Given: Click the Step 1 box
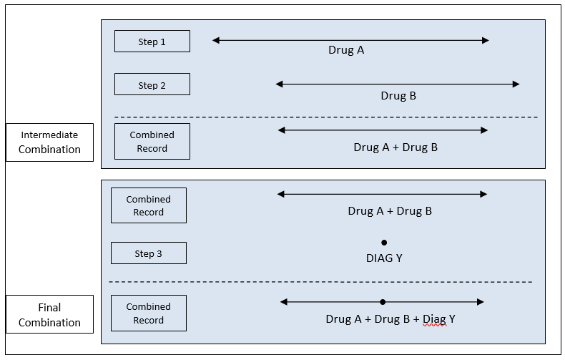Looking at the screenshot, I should coord(152,42).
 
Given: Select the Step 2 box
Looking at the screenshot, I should coord(152,84).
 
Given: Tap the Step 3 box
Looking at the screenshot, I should coord(148,253).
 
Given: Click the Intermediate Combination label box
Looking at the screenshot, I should coord(49,142).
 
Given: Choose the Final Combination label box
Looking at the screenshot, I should coord(49,314).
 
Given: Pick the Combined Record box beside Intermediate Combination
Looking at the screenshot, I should coord(152,141).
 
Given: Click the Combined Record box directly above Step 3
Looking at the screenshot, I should coord(148,205).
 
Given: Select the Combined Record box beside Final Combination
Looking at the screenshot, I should coord(148,313).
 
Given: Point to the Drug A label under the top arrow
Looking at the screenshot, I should coord(346,50).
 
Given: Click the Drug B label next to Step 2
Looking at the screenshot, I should coord(398,95).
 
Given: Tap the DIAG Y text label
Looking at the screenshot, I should coord(384,258).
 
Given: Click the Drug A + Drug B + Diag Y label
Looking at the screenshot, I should coord(390,319).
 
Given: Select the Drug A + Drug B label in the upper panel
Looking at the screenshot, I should coord(395,147).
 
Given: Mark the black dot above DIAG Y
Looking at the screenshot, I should coord(384,243).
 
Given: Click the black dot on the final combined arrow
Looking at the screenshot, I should coord(383,302).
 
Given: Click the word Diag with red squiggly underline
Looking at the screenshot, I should coord(434,319).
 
